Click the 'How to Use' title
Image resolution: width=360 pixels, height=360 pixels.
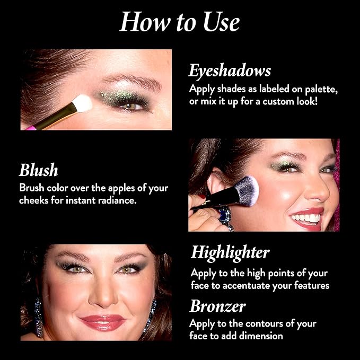180,22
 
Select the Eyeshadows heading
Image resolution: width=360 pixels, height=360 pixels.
230,71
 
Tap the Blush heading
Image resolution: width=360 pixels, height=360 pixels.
38,170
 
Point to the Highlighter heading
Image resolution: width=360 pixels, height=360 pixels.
230,253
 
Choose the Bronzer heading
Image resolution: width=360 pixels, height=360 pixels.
218,306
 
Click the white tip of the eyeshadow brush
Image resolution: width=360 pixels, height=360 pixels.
82,103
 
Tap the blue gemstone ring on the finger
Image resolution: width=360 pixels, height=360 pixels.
224,216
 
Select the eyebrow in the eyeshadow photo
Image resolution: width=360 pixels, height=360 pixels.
133,81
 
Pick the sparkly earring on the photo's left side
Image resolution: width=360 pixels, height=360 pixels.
39,317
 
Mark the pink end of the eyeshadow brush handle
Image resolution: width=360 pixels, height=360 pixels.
31,128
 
